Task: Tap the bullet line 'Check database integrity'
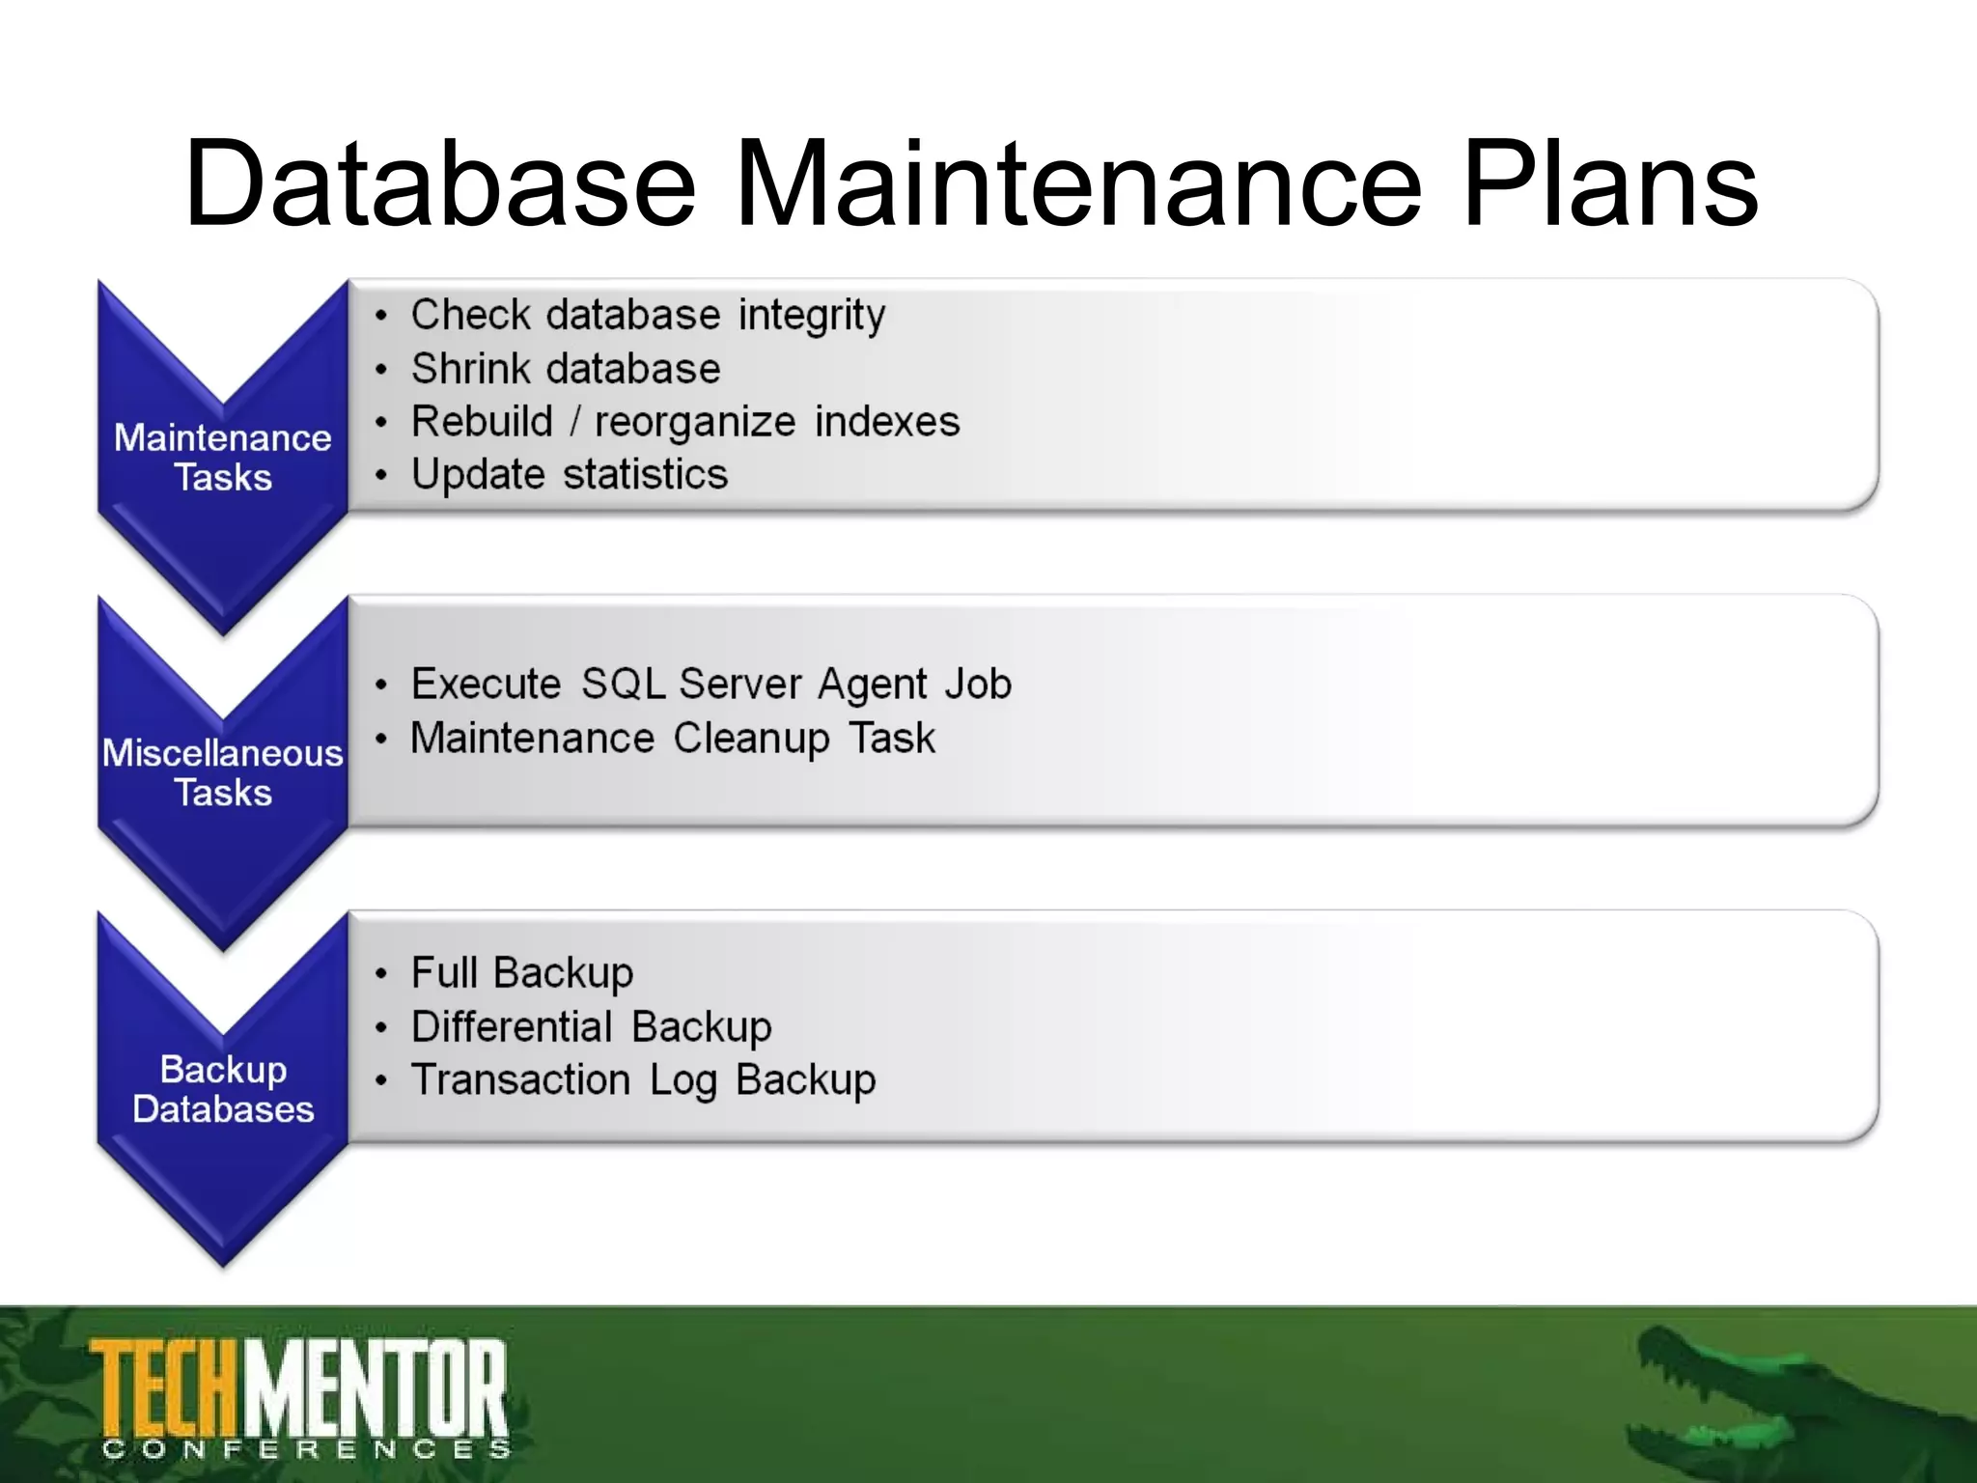click(648, 316)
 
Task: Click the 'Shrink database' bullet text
click(566, 369)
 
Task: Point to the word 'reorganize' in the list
click(695, 422)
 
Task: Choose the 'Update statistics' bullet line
click(570, 475)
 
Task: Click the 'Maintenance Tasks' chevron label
click(223, 458)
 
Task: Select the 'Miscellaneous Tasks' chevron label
click(223, 772)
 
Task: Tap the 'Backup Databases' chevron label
click(223, 1089)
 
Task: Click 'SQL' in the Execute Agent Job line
click(623, 685)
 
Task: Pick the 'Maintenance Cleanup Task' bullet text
click(673, 739)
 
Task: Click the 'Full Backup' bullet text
click(522, 973)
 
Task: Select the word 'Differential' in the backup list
click(512, 1026)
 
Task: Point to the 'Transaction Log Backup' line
click(643, 1080)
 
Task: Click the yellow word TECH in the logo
click(165, 1388)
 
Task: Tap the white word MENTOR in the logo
click(376, 1388)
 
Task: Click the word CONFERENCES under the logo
click(307, 1450)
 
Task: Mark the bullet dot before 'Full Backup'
click(382, 974)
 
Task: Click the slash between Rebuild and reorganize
click(574, 422)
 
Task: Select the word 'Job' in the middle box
click(978, 685)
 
